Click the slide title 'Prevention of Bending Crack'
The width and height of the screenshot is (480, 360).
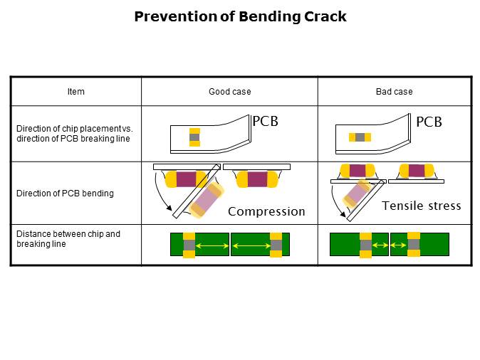pyautogui.click(x=240, y=16)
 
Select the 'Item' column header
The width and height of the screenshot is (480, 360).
pyautogui.click(x=75, y=92)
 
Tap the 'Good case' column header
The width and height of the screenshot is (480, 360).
pyautogui.click(x=229, y=92)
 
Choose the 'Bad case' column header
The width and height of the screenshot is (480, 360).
pyautogui.click(x=394, y=92)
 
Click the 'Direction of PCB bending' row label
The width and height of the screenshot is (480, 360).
pyautogui.click(x=65, y=194)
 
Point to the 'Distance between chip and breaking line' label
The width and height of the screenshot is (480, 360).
pyautogui.click(x=68, y=239)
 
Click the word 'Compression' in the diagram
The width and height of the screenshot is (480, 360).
pyautogui.click(x=266, y=211)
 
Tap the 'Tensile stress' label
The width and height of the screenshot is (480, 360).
pyautogui.click(x=421, y=206)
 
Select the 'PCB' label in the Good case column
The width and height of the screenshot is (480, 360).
pyautogui.click(x=265, y=122)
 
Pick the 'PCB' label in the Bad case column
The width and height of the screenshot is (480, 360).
pyautogui.click(x=429, y=122)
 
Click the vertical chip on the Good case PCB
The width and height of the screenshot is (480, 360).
pyautogui.click(x=194, y=137)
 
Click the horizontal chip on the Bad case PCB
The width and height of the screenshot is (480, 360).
pyautogui.click(x=360, y=137)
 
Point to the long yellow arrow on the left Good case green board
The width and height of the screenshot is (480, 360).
pyautogui.click(x=212, y=245)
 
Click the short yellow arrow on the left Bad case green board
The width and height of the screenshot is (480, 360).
pyautogui.click(x=379, y=245)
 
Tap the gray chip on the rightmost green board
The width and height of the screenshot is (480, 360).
pyautogui.click(x=413, y=245)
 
